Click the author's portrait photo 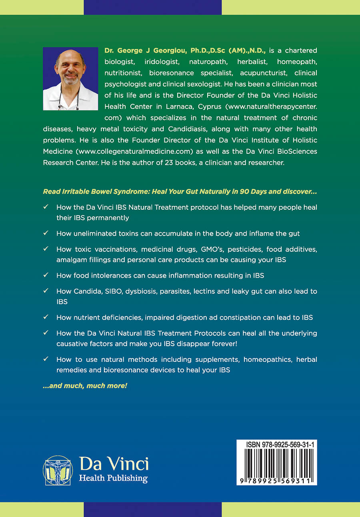point(70,78)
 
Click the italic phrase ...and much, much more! point(85,386)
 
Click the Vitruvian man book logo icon point(58,470)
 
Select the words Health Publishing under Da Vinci point(113,478)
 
